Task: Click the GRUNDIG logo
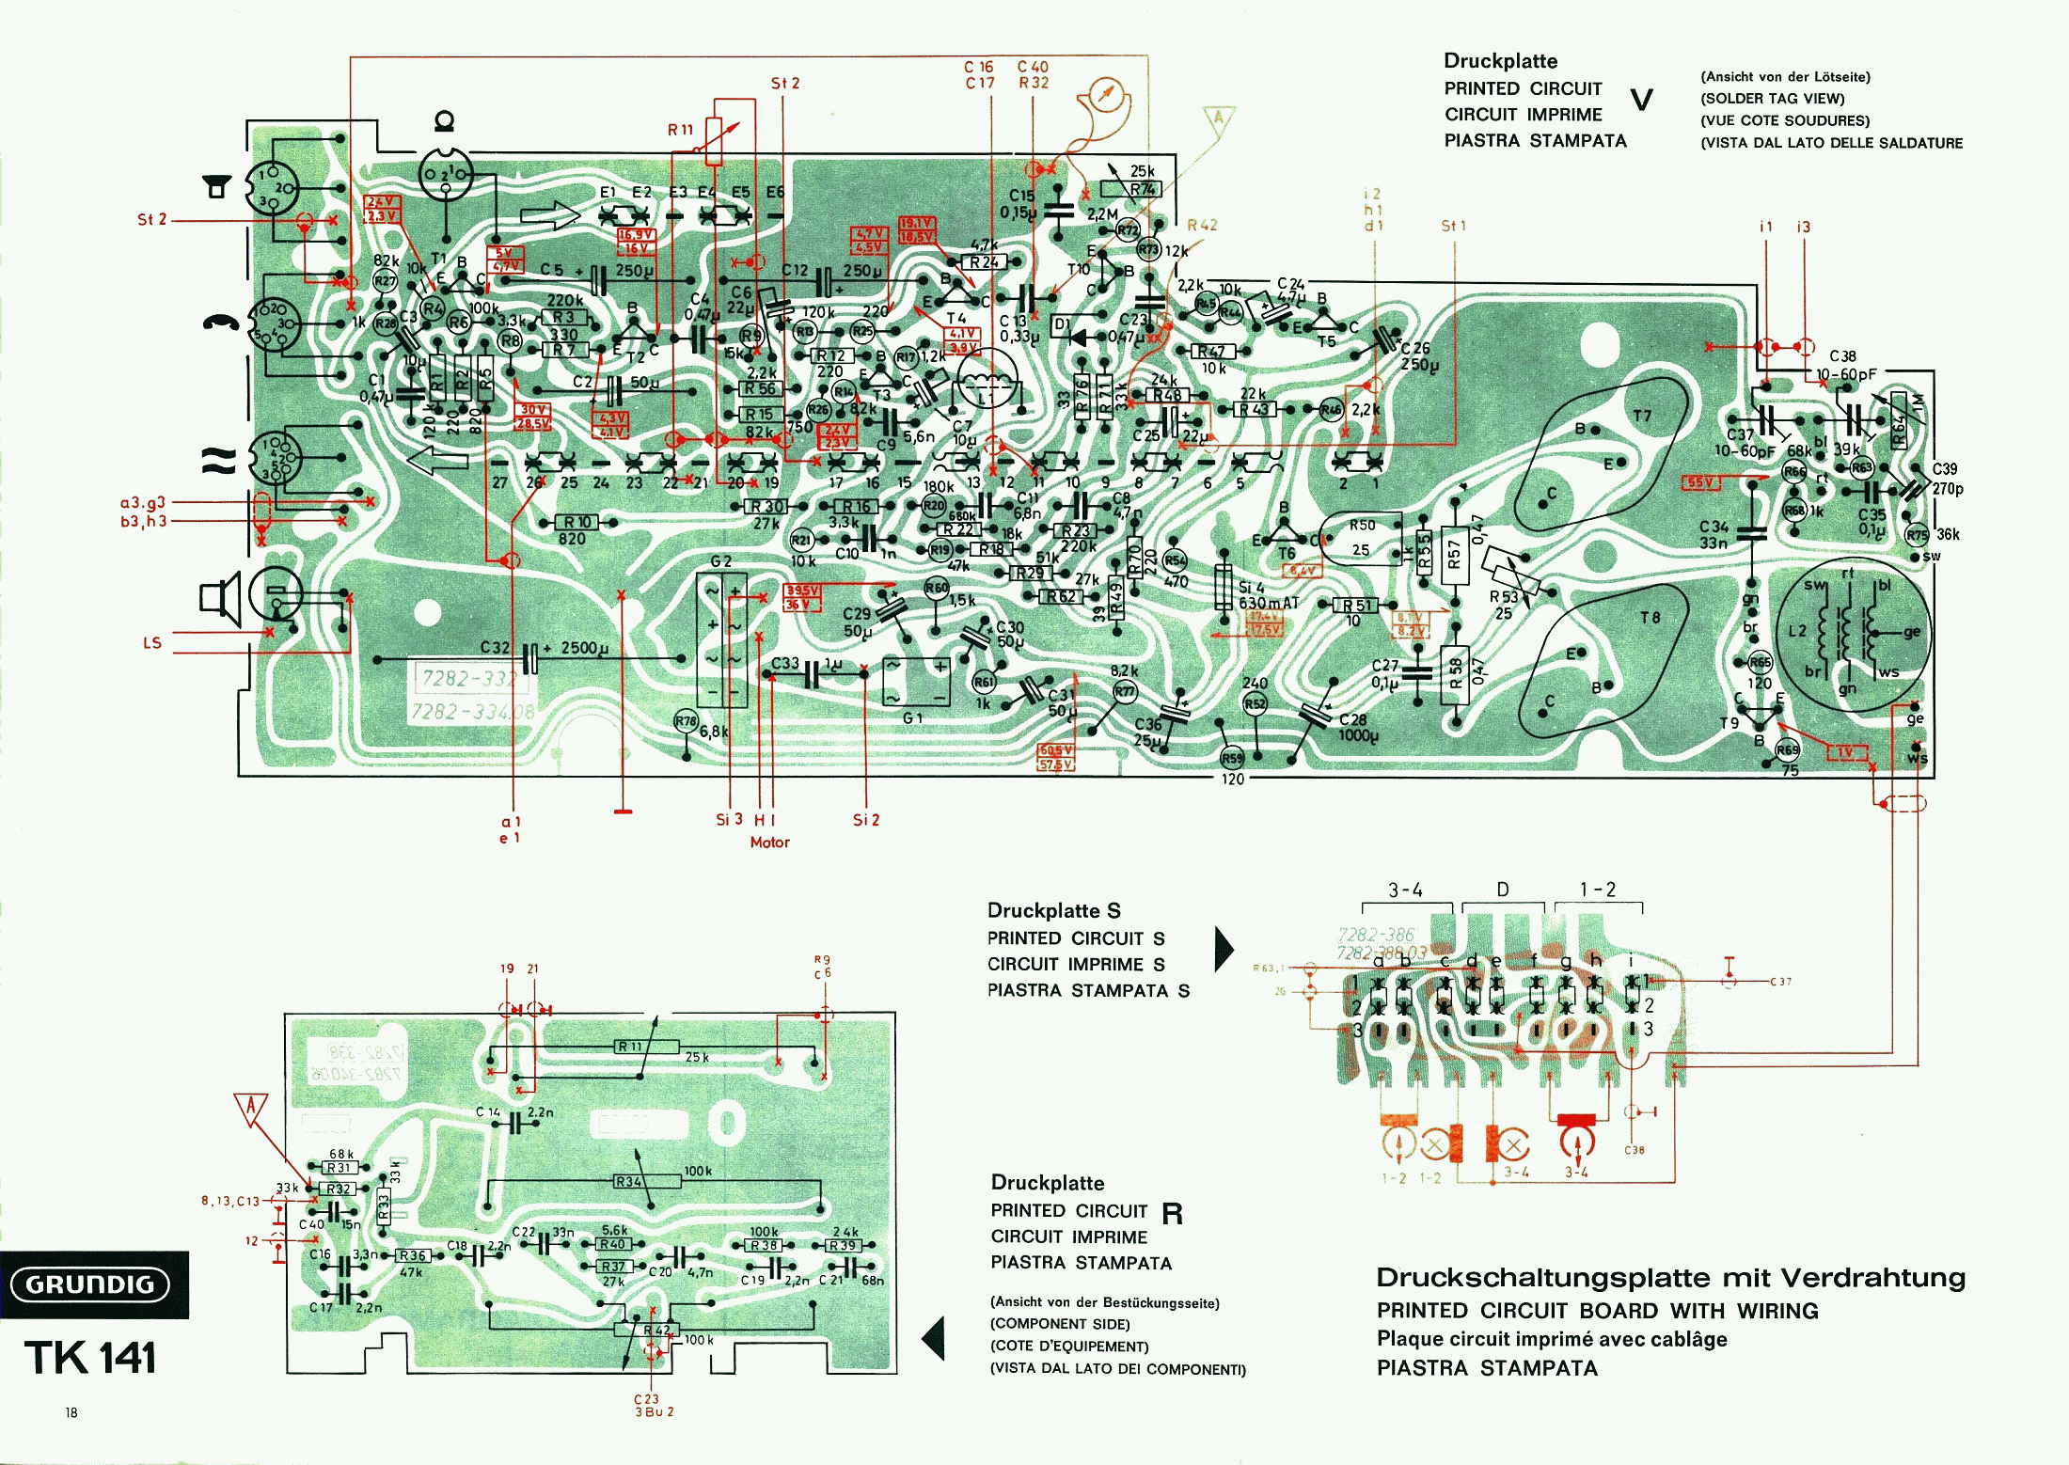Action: (x=90, y=1284)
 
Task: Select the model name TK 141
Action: (x=90, y=1358)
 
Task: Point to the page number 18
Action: (x=71, y=1412)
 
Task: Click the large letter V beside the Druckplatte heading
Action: (x=1641, y=100)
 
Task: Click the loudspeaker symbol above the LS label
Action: (x=220, y=598)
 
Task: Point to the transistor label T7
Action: (x=1642, y=416)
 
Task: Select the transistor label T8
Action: (x=1650, y=618)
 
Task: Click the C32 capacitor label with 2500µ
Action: (x=495, y=648)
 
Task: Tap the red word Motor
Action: (x=769, y=843)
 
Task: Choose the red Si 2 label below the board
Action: (x=866, y=820)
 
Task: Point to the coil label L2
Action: (x=1797, y=630)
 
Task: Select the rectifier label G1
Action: (x=912, y=718)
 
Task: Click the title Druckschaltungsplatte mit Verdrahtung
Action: (x=1670, y=1278)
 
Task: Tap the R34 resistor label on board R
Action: (x=628, y=1182)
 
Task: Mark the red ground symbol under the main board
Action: (x=623, y=810)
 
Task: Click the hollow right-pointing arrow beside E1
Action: (x=551, y=216)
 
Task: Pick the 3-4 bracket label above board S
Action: (x=1405, y=890)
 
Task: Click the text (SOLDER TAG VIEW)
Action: (x=1772, y=98)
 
